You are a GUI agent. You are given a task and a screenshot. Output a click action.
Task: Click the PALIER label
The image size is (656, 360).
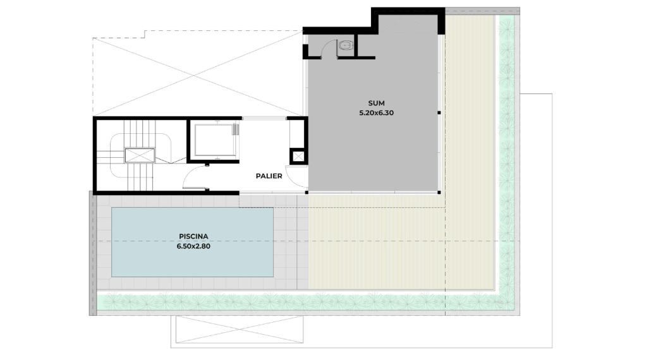tap(269, 176)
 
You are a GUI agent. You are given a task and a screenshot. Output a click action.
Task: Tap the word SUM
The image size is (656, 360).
tap(376, 103)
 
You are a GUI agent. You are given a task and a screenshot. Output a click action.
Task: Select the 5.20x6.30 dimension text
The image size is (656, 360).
tap(376, 113)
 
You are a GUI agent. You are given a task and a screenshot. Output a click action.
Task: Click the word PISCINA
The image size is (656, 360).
tap(193, 236)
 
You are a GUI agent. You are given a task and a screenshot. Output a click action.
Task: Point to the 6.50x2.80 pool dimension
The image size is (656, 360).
tap(193, 246)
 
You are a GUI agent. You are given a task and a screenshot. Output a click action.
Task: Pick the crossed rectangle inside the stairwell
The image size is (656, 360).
tap(140, 155)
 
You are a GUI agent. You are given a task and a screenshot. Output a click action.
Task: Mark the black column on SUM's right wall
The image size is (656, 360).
tap(439, 113)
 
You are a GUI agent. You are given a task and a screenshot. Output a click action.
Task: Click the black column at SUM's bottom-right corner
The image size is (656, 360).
tap(439, 193)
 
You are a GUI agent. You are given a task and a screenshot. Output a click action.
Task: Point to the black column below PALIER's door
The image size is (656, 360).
tap(307, 193)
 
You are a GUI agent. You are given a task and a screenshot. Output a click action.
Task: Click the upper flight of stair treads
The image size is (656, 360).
tap(140, 134)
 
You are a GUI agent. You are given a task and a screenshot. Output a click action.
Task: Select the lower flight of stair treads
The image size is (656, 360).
tap(140, 176)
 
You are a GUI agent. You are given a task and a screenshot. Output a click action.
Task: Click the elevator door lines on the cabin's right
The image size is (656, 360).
tap(236, 129)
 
